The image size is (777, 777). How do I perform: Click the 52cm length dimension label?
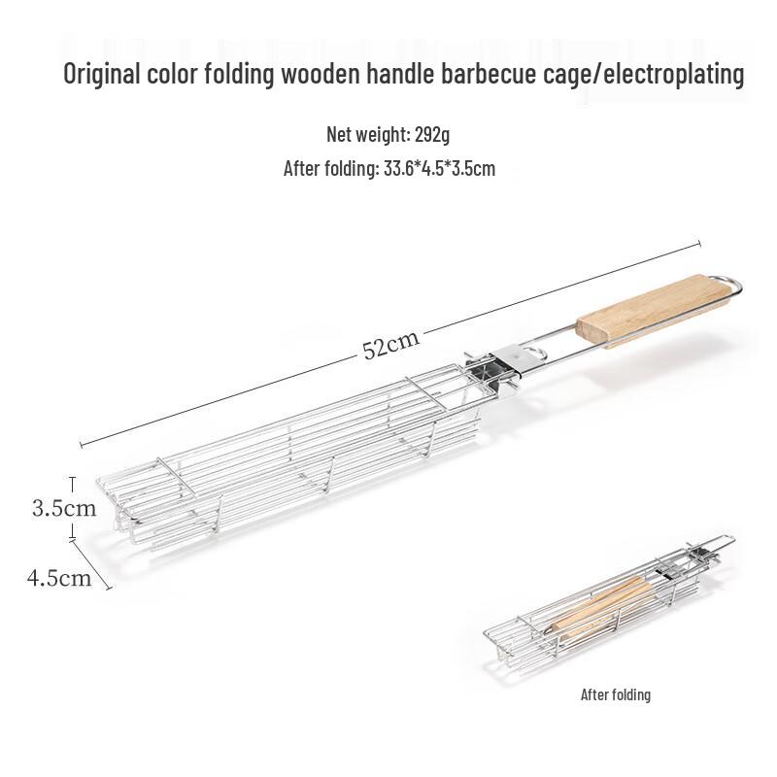(x=390, y=344)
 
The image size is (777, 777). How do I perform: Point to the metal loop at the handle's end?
(x=729, y=286)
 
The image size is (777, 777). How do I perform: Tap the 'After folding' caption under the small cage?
(x=615, y=694)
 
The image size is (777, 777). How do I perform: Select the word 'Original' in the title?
(x=104, y=76)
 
